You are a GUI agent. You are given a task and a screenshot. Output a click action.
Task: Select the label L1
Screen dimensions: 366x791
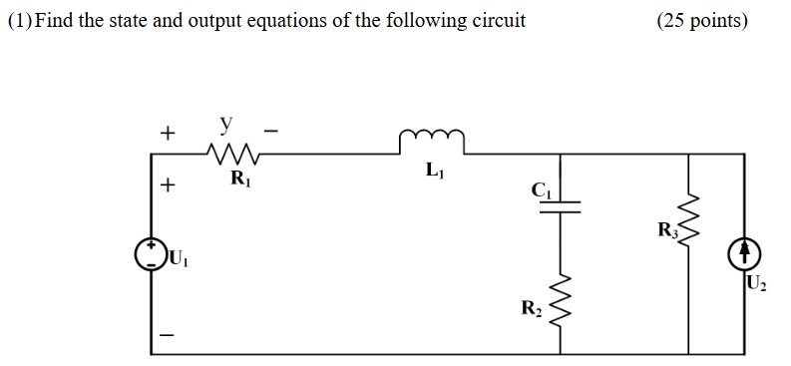point(433,173)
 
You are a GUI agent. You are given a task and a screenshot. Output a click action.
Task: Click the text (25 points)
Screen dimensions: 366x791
point(701,20)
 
